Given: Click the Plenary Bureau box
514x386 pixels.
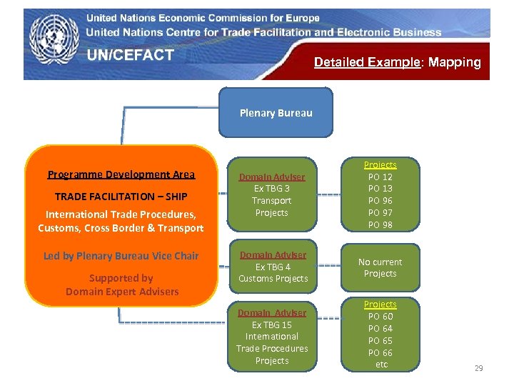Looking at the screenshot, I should pyautogui.click(x=276, y=112).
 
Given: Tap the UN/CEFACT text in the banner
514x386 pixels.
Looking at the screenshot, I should pyautogui.click(x=131, y=55).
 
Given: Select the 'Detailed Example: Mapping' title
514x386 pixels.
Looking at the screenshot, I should pyautogui.click(x=397, y=62).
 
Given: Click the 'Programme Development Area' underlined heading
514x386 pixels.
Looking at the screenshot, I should pyautogui.click(x=121, y=174).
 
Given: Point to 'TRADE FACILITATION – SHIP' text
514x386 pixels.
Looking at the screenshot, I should pyautogui.click(x=121, y=196).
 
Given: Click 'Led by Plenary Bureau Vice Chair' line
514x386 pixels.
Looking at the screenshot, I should pyautogui.click(x=121, y=256).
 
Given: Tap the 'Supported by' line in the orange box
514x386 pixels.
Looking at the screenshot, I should pyautogui.click(x=121, y=278).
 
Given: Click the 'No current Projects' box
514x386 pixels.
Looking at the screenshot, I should pyautogui.click(x=380, y=267).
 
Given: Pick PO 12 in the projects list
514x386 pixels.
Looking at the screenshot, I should pyautogui.click(x=380, y=177).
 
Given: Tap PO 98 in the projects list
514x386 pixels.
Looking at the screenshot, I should pyautogui.click(x=380, y=225).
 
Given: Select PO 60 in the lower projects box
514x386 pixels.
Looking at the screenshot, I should pyautogui.click(x=380, y=316).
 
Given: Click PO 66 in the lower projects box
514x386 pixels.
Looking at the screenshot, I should pyautogui.click(x=380, y=352).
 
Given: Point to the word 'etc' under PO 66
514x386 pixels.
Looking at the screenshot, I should pyautogui.click(x=381, y=365).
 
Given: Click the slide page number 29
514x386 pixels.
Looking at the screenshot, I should pyautogui.click(x=478, y=368).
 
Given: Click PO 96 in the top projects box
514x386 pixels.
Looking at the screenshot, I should pyautogui.click(x=380, y=201).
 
